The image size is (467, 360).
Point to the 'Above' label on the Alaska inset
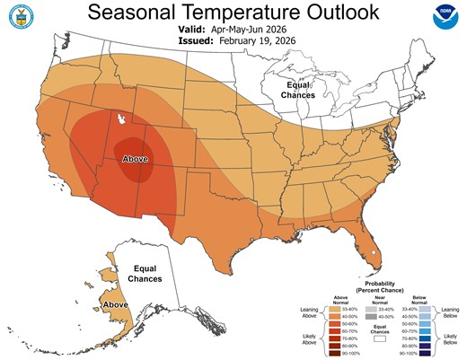click(115, 305)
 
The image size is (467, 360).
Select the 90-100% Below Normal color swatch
click(425, 353)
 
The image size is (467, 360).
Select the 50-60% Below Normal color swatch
click(425, 322)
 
